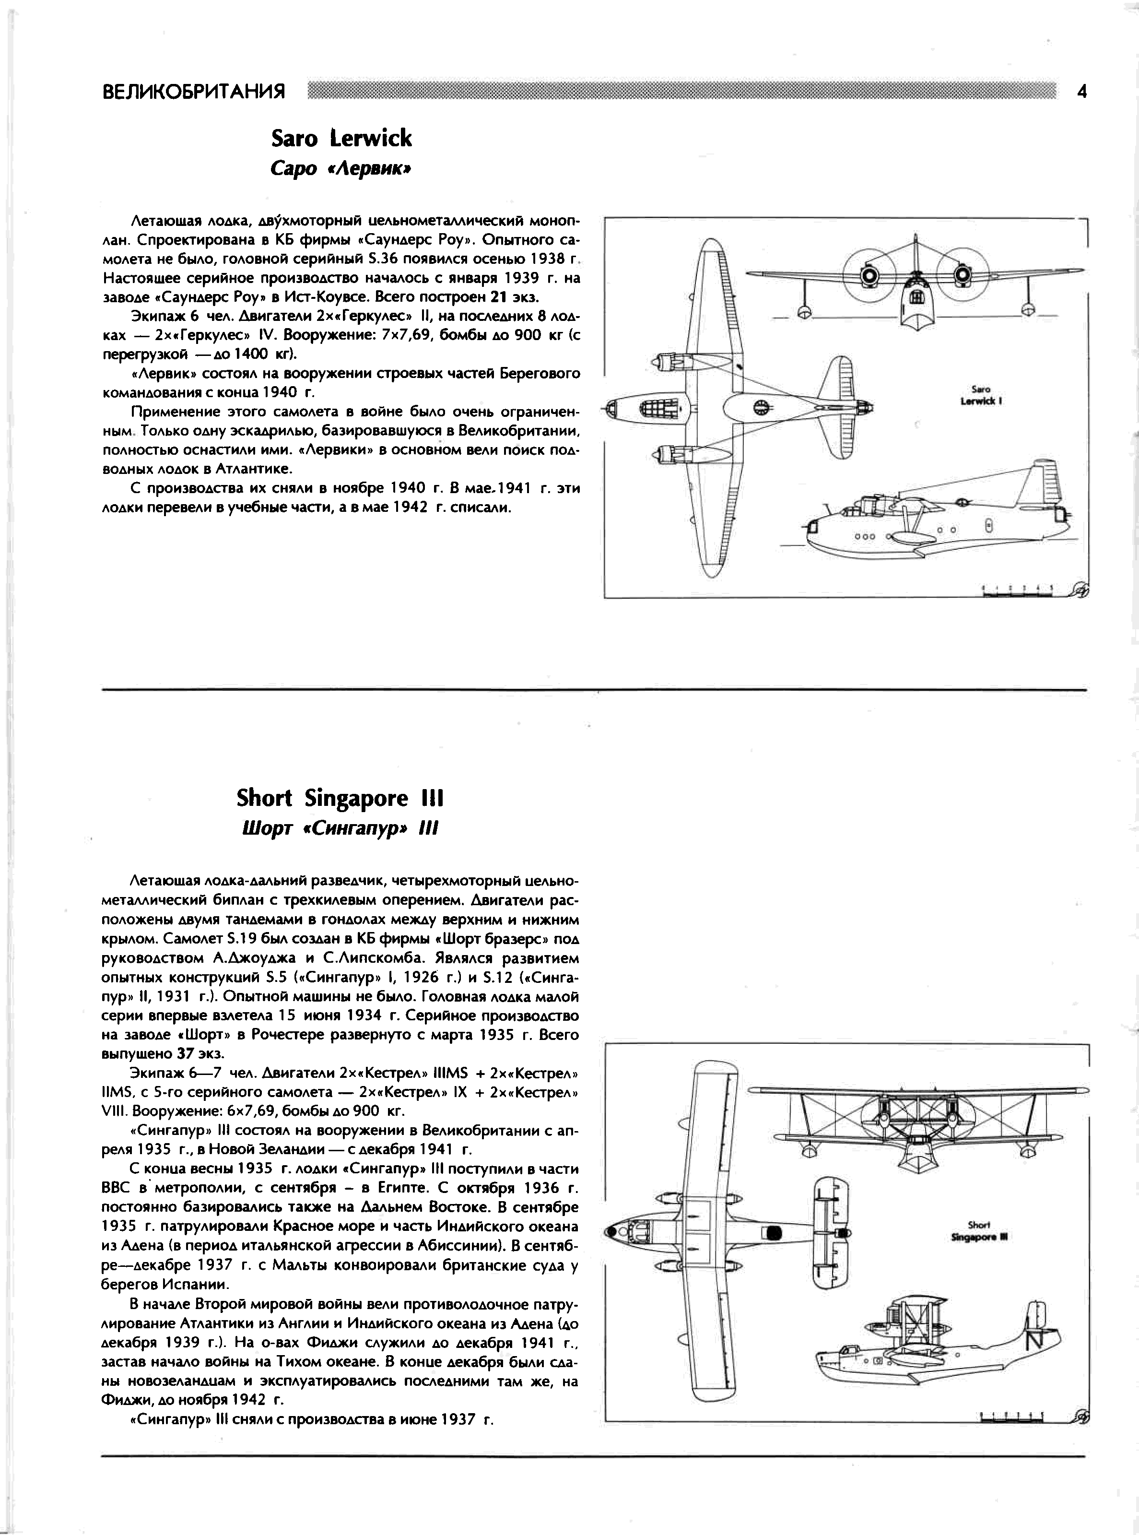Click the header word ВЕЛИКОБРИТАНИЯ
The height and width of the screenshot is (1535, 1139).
pos(194,92)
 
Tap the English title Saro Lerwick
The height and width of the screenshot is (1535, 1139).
pos(341,138)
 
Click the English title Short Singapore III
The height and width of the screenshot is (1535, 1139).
pos(340,798)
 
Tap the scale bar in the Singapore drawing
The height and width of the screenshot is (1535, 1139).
pos(1012,1418)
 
